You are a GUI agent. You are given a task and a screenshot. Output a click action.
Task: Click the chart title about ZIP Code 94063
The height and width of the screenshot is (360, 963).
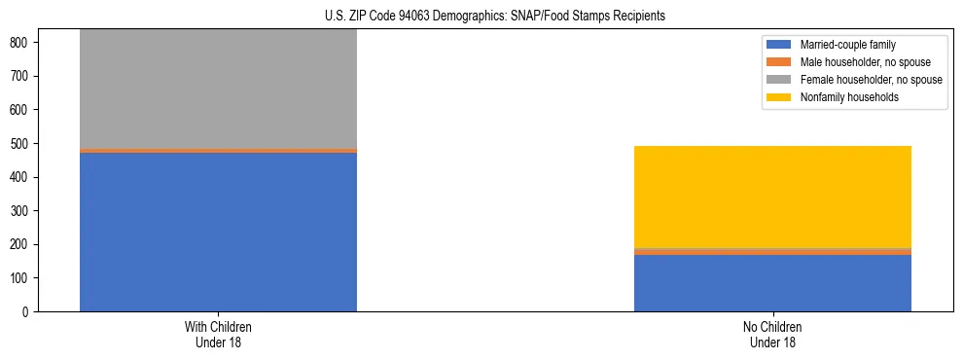[495, 17]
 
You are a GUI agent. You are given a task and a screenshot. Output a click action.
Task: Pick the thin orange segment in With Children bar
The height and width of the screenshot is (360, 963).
[218, 151]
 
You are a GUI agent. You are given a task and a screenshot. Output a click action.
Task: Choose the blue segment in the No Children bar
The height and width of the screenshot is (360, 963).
[772, 283]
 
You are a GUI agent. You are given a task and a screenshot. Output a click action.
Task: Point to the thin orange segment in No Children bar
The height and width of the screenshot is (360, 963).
[772, 252]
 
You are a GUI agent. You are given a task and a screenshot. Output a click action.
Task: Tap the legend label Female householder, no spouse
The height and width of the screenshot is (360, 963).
[871, 80]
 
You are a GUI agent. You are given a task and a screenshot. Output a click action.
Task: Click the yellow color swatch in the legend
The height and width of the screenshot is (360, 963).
[779, 97]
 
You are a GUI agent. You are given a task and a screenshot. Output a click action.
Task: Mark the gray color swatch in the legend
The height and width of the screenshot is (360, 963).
[779, 80]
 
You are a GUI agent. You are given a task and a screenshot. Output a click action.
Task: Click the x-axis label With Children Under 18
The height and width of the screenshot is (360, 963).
[218, 334]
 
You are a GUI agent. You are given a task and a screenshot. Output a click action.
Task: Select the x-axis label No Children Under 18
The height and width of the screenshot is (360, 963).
[772, 334]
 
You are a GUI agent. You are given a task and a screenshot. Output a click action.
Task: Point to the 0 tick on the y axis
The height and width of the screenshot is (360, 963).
[27, 312]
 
